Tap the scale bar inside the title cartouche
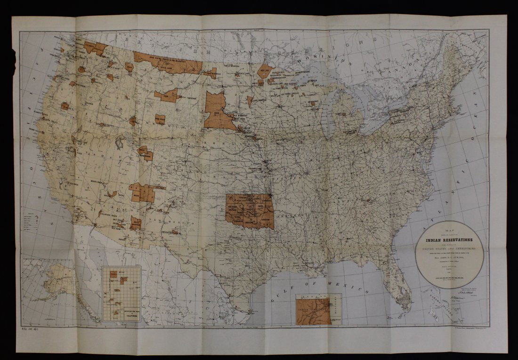click(450, 278)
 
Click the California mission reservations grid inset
click(121, 293)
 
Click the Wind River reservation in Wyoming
click(160, 119)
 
